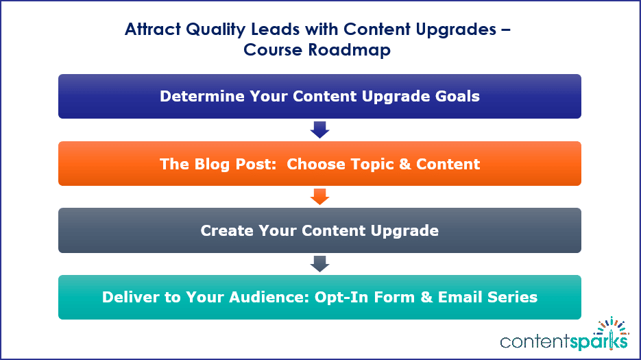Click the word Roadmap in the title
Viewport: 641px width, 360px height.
click(x=350, y=50)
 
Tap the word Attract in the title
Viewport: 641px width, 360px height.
click(x=153, y=29)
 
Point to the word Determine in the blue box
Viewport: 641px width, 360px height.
click(x=202, y=96)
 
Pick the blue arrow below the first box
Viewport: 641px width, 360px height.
click(x=319, y=130)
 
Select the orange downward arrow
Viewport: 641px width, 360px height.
click(x=319, y=197)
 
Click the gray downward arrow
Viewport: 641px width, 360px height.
click(x=319, y=264)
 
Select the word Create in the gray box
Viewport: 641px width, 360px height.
click(x=227, y=230)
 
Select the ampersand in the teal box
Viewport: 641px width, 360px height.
click(x=426, y=297)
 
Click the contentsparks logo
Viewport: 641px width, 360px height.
click(x=564, y=335)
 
